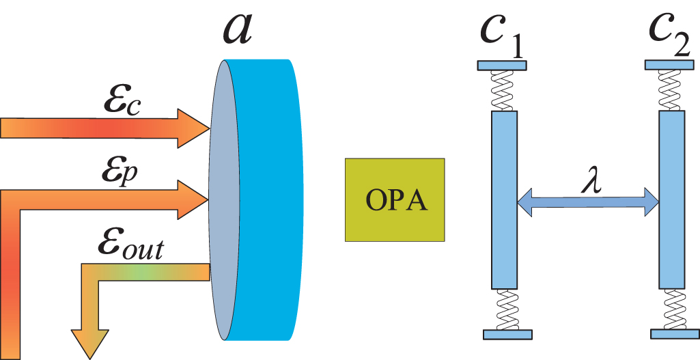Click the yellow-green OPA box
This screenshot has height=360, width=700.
395,199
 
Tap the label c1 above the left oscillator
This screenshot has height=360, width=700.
502,31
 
